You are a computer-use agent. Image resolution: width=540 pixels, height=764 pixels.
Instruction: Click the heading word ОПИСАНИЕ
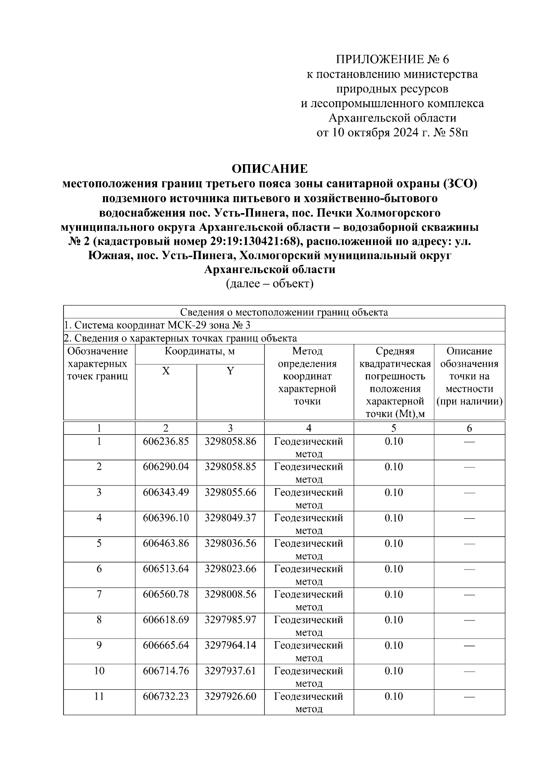(x=270, y=169)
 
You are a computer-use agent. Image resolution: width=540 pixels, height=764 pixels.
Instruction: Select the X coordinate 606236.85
(x=166, y=441)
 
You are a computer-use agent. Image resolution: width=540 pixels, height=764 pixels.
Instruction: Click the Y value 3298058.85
(x=230, y=467)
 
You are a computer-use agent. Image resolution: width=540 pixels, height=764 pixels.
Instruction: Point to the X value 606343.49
(x=166, y=493)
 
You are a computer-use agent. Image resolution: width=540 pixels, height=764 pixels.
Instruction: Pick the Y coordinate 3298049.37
(x=230, y=518)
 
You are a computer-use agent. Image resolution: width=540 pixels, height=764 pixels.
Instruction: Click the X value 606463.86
(x=166, y=544)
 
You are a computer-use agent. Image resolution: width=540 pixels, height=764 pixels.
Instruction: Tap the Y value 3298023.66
(x=230, y=569)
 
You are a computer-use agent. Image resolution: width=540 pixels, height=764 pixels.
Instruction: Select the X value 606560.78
(x=166, y=594)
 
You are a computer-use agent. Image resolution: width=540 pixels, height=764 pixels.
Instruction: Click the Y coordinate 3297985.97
(x=230, y=620)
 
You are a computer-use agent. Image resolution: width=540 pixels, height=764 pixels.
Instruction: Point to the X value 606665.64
(x=166, y=646)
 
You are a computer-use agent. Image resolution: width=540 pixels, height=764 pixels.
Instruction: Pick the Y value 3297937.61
(x=230, y=671)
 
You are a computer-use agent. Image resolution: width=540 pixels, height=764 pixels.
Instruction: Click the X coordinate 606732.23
(x=166, y=697)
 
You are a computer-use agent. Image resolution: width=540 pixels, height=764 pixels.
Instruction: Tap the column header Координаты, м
(x=199, y=351)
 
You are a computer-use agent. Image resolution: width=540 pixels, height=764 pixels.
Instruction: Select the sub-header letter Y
(x=230, y=371)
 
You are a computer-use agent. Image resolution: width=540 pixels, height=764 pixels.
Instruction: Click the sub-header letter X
(x=166, y=371)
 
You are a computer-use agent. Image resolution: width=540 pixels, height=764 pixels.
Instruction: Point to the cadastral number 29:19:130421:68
(x=253, y=241)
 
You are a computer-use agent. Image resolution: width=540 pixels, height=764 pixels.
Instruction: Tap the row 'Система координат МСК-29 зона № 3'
(x=160, y=325)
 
